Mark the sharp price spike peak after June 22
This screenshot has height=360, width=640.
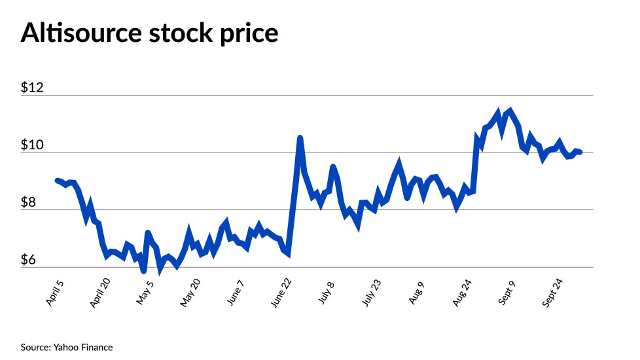click(x=300, y=138)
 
